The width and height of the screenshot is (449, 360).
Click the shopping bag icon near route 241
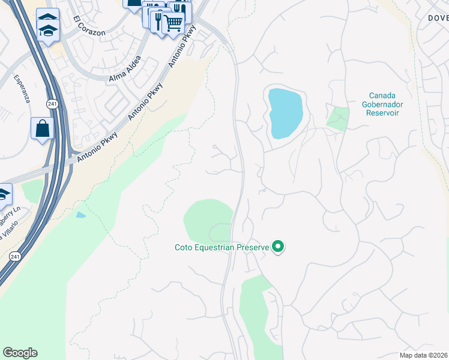[x=42, y=128]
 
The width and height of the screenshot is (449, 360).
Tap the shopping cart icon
[x=173, y=23]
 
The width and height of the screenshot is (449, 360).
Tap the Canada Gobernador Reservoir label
[x=385, y=104]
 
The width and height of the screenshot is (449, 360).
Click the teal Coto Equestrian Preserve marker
[x=278, y=247]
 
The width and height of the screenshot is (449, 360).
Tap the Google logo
[x=20, y=353]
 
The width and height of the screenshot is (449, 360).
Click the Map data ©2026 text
[x=424, y=355]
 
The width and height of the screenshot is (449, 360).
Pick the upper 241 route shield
[x=52, y=104]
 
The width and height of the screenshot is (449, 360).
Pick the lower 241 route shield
[x=14, y=256]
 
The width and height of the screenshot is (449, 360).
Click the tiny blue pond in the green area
[x=80, y=215]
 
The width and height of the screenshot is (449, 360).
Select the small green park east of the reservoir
[x=338, y=118]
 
